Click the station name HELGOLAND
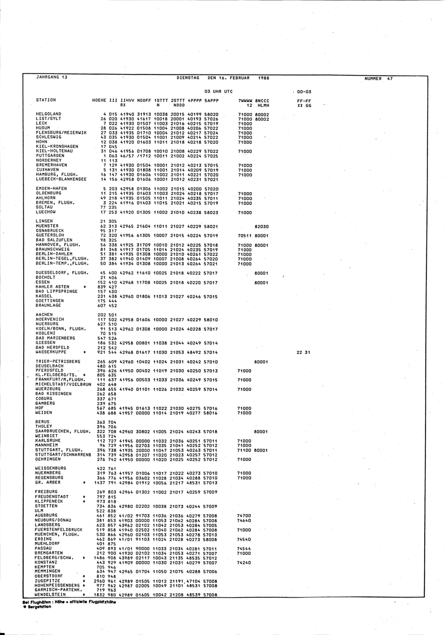tap(48, 114)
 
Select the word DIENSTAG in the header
tap(188, 78)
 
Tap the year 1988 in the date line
tap(264, 78)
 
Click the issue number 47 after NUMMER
tap(390, 78)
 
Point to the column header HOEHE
tap(99, 100)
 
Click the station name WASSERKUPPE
tap(50, 352)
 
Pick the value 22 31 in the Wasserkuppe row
tap(303, 352)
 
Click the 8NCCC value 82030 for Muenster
tap(261, 226)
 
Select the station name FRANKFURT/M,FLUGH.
tap(57, 380)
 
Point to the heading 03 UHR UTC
tap(219, 91)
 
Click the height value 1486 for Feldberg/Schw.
tap(100, 558)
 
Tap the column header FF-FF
tap(304, 101)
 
